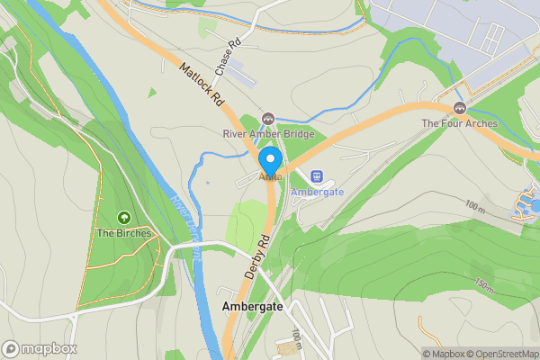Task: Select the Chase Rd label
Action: (x=224, y=57)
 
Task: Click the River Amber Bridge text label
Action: (x=268, y=134)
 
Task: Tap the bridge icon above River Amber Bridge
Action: (x=268, y=119)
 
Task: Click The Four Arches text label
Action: (x=459, y=123)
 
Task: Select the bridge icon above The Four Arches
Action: (x=459, y=108)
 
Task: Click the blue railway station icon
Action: (x=316, y=176)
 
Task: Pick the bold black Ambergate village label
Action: (x=252, y=307)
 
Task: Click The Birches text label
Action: (x=123, y=233)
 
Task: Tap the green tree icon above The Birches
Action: (x=123, y=218)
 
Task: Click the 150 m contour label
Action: (x=483, y=286)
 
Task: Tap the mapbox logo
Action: (x=40, y=348)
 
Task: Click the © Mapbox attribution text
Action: (x=444, y=354)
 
